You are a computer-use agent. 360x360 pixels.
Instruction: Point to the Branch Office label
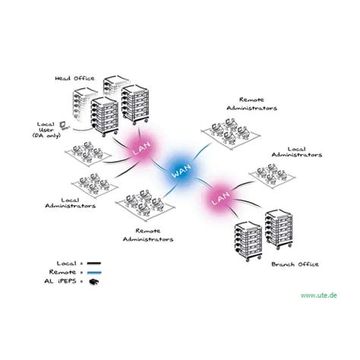290,265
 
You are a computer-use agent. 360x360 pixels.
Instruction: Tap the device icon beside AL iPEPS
95,281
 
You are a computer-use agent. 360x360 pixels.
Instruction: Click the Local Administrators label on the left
68,202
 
